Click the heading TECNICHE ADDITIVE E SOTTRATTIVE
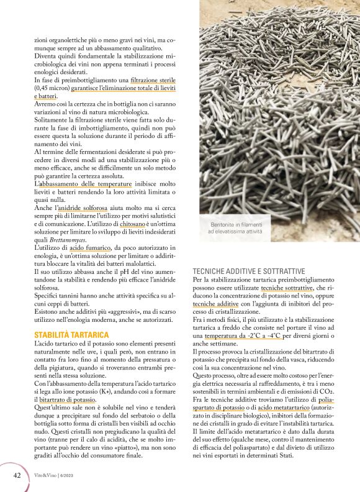coord(248,271)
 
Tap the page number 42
coord(17,475)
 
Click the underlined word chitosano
coord(132,225)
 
